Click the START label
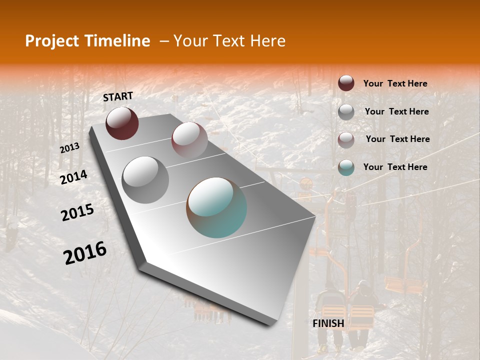pos(118,96)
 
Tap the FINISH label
pos(328,323)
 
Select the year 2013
pos(69,148)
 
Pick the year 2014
pos(73,177)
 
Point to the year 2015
pos(77,212)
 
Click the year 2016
pos(85,253)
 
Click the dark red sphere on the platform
pos(122,123)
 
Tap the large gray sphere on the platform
pos(145,180)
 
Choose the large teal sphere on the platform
pos(216,207)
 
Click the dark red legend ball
pos(346,83)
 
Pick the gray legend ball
pos(346,112)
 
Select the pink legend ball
pos(346,139)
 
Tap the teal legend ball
pos(346,167)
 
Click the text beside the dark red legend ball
pos(395,84)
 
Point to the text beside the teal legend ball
pos(395,167)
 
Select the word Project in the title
pos(52,41)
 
